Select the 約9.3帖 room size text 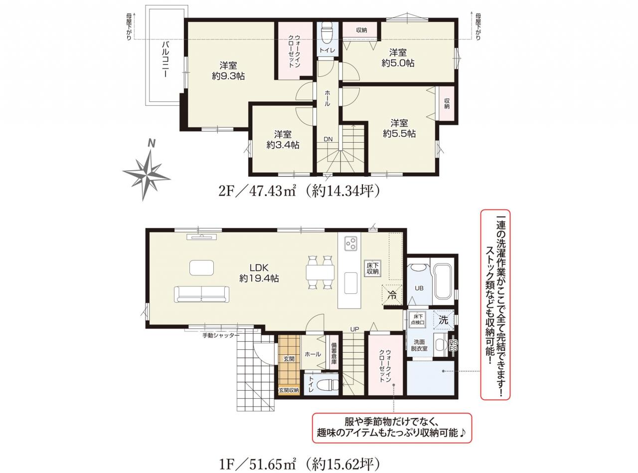tap(228, 76)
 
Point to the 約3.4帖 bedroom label tap(283, 145)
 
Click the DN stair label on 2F tap(328, 139)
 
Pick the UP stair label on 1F tap(354, 329)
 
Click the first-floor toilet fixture tap(327, 385)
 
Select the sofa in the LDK tap(201, 294)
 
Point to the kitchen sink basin tap(350, 283)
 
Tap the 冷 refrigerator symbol tap(392, 295)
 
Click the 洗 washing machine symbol tap(443, 320)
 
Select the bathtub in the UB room tap(443, 281)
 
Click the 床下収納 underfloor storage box tap(372, 268)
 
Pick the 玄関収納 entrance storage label tap(289, 390)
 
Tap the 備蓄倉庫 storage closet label tap(333, 353)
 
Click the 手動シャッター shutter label tap(221, 335)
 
